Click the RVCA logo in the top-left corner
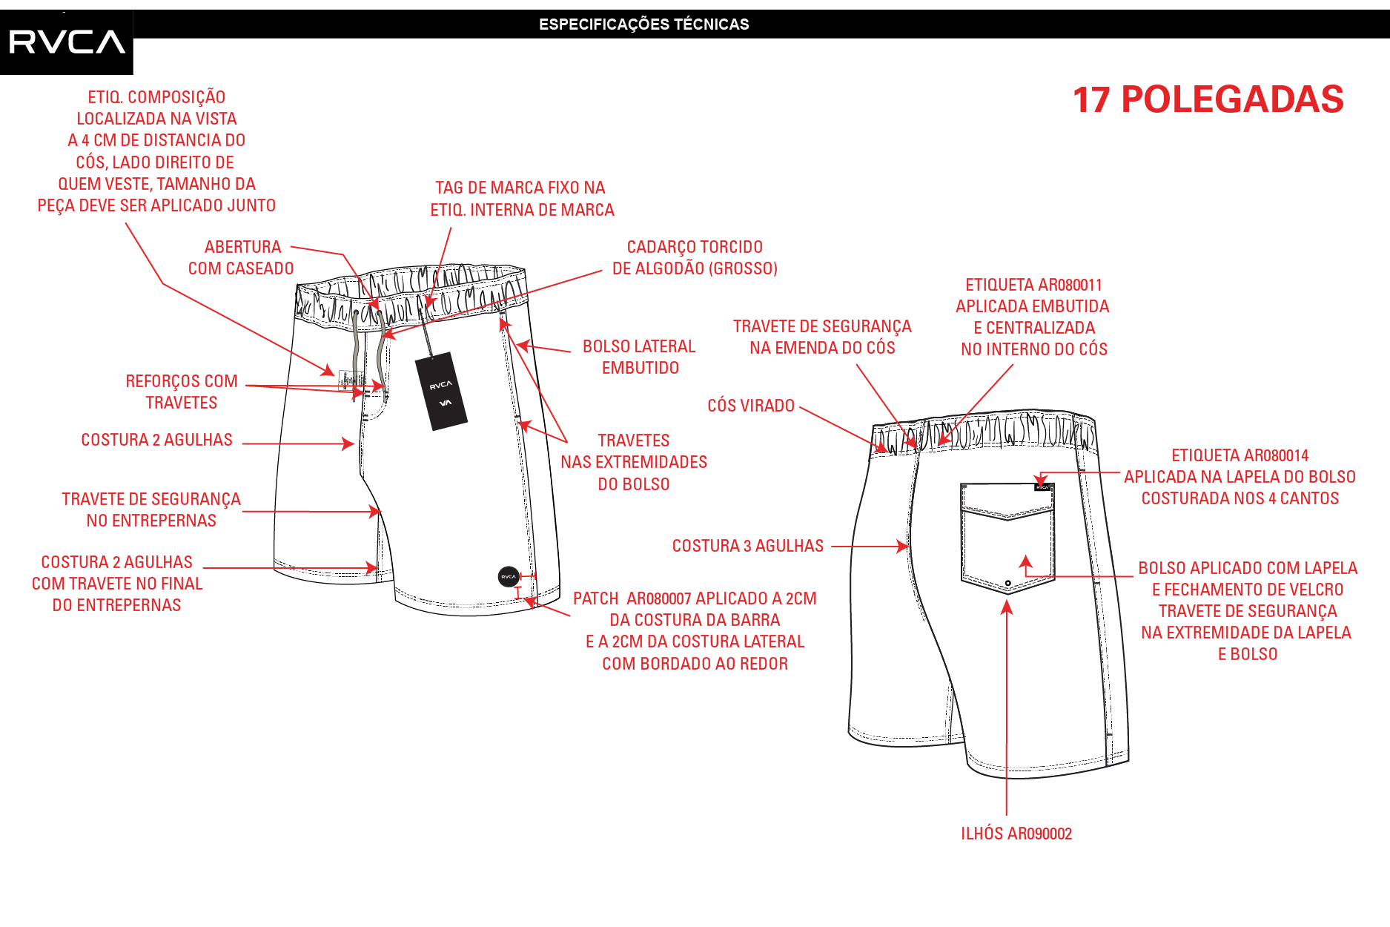point(67,42)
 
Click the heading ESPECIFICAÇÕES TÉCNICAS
point(643,24)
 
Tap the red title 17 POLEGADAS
point(1208,99)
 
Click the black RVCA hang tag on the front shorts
point(441,391)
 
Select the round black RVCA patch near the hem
point(509,576)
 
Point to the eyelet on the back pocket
point(1008,583)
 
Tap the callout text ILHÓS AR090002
point(1016,834)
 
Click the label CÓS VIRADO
point(751,406)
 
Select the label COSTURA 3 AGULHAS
point(748,546)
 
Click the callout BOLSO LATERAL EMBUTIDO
point(639,357)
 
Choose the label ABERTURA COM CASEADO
point(242,257)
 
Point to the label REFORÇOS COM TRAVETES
point(182,392)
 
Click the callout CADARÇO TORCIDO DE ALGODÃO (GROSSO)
point(695,257)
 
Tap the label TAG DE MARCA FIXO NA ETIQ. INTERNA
point(522,199)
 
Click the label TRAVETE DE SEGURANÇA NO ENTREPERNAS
point(151,509)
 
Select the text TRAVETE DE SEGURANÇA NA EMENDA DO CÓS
point(822,337)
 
